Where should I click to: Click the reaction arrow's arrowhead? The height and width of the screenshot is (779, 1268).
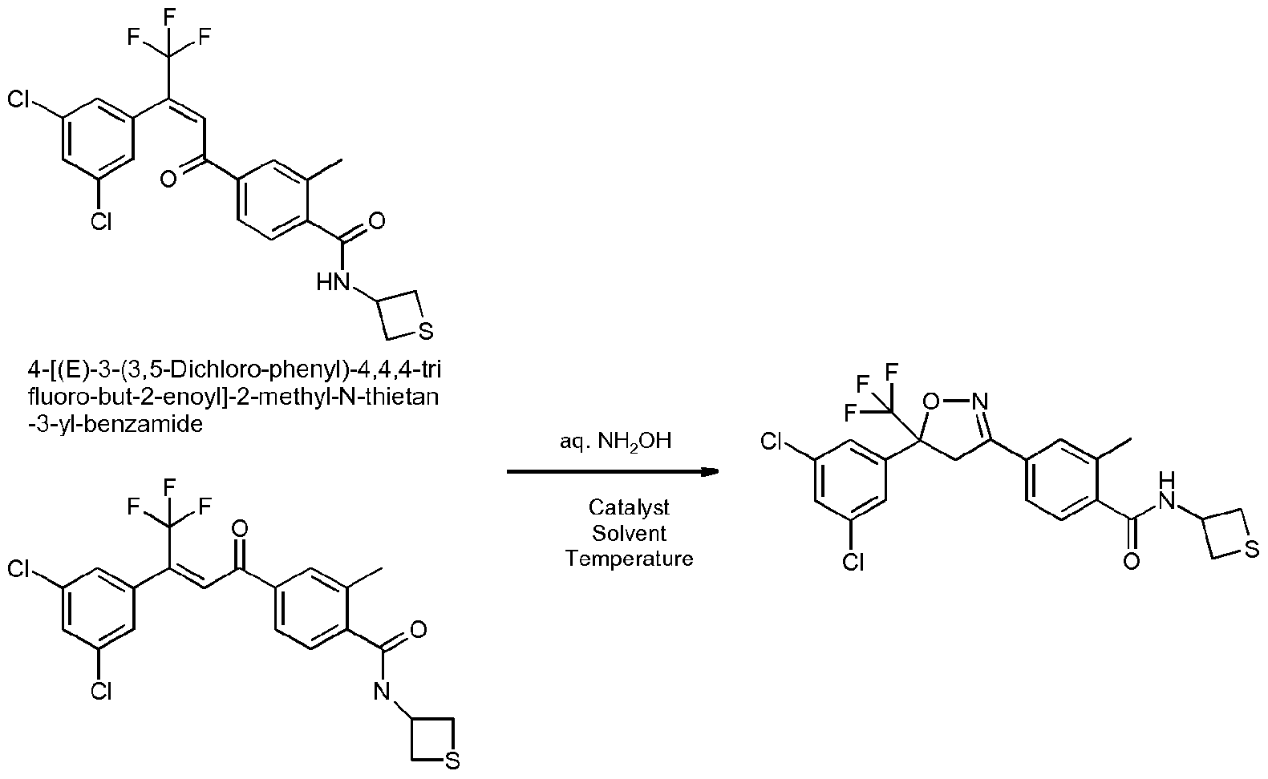(711, 471)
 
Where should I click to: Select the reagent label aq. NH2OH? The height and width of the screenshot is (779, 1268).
(615, 441)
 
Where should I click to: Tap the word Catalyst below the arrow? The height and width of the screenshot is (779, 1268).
(629, 507)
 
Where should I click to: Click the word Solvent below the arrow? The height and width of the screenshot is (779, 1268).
(629, 533)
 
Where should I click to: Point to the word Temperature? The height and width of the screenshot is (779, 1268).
(629, 559)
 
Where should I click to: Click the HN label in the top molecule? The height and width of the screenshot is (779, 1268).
(334, 282)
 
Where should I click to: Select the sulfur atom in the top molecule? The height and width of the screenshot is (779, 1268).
(426, 331)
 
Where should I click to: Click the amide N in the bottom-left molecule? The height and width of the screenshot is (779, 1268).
(382, 690)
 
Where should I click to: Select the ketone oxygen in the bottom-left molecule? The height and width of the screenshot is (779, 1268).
(240, 529)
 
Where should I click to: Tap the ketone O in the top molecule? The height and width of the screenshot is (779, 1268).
(168, 180)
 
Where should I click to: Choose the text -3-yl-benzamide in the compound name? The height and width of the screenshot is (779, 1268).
(115, 423)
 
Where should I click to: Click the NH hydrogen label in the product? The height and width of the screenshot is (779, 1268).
(1166, 480)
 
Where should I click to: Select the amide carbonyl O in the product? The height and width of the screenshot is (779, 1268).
(1131, 561)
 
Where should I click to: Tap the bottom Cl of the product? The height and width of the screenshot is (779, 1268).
(853, 562)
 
